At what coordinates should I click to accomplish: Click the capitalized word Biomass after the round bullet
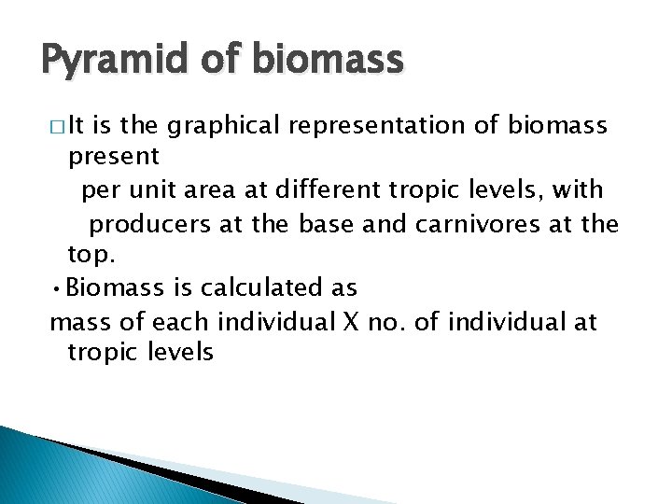pyautogui.click(x=115, y=287)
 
